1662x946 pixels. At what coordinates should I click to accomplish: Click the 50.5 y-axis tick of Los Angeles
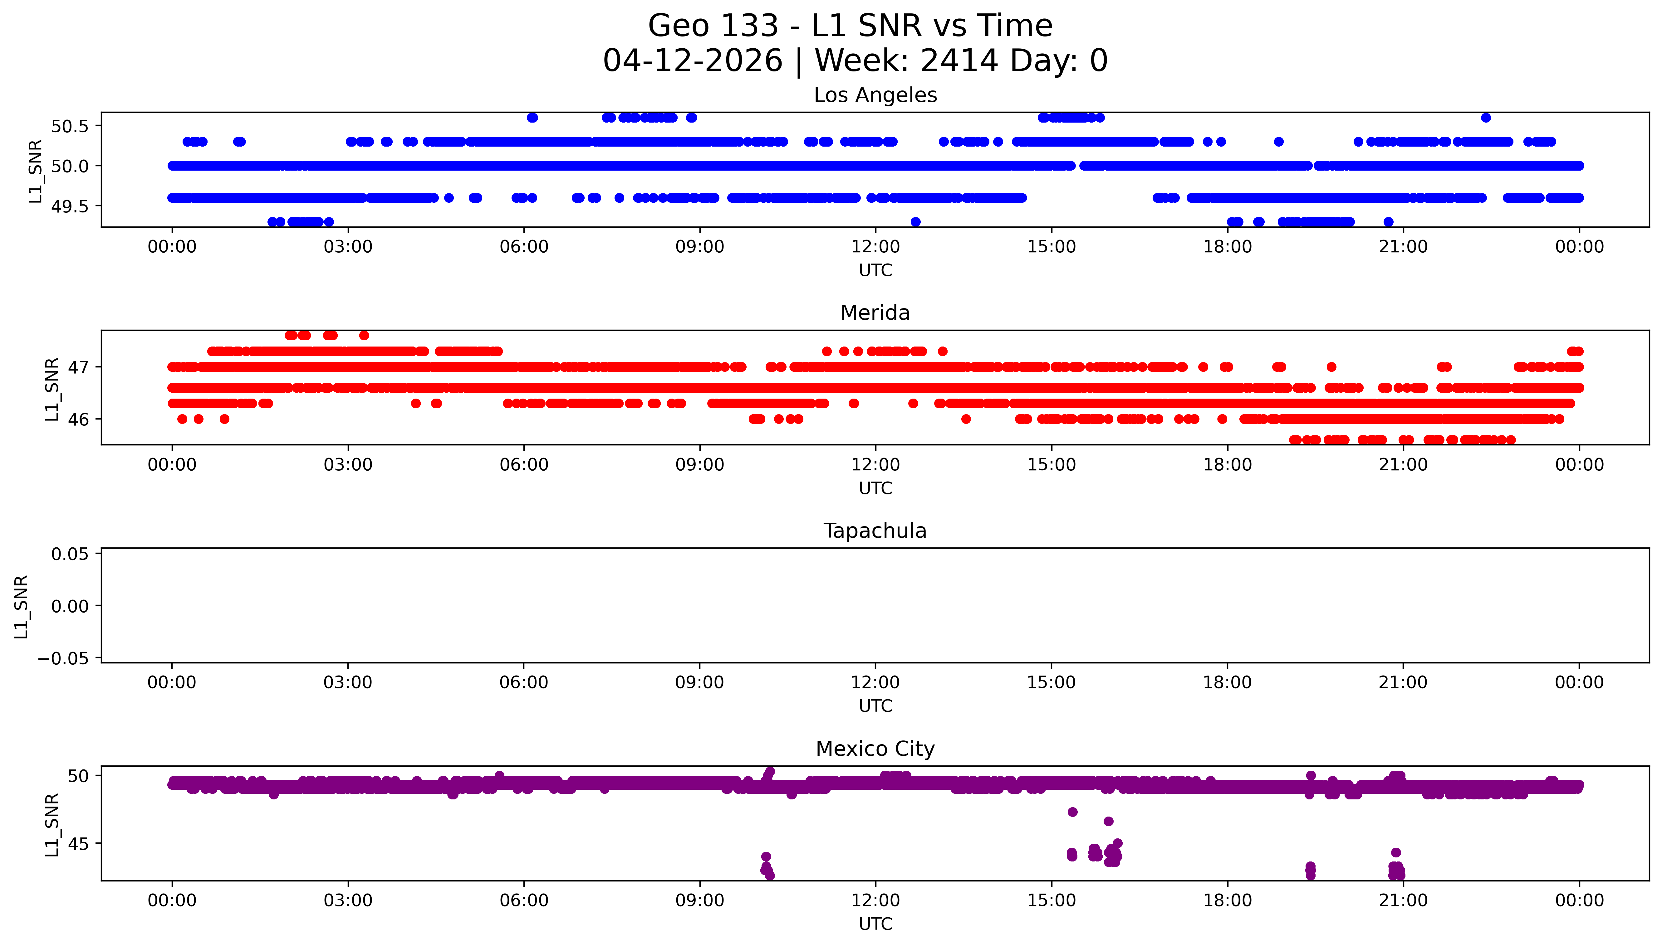pyautogui.click(x=70, y=126)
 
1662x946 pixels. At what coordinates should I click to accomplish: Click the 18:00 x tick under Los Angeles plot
pyautogui.click(x=1227, y=247)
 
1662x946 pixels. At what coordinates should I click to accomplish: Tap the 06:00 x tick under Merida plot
pyautogui.click(x=524, y=464)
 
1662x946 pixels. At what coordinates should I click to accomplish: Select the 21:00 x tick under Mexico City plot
pyautogui.click(x=1403, y=900)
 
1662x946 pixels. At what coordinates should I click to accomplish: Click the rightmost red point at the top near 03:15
pyautogui.click(x=364, y=335)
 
